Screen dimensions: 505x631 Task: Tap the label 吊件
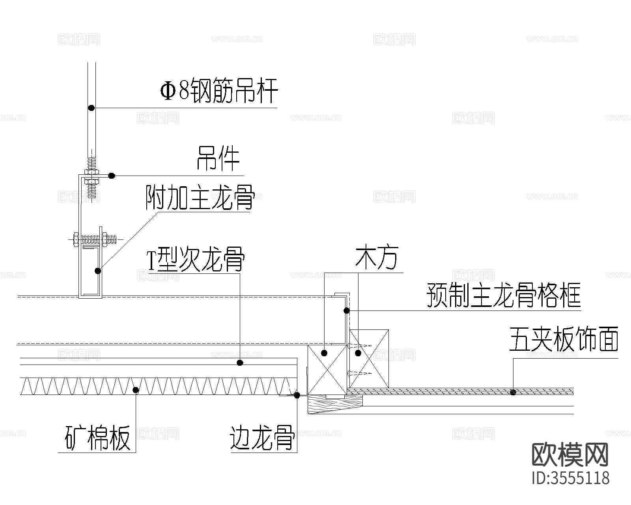218,159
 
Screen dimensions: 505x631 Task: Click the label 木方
377,258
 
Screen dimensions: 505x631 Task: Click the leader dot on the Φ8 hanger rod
91,107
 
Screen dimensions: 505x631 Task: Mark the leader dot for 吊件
112,176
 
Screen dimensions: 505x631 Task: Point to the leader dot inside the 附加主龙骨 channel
97,271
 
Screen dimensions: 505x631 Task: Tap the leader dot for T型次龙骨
240,362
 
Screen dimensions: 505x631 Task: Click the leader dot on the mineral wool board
136,390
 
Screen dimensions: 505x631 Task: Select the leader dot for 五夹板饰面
513,392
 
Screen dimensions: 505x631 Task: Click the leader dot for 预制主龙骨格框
346,310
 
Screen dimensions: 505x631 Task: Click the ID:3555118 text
570,478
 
